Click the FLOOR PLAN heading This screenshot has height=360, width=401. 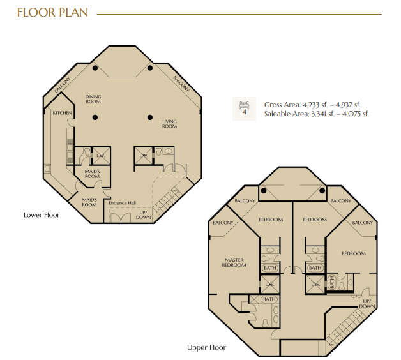point(53,13)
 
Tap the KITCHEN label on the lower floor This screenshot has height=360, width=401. point(62,113)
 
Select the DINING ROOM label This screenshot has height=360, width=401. point(93,99)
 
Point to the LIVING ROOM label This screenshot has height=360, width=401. point(169,124)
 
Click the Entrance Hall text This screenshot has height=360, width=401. point(122,203)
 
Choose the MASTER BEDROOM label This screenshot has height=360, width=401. point(234,262)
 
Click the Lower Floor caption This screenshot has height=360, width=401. point(42,215)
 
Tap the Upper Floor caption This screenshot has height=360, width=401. point(207,347)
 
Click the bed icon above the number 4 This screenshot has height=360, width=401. point(244,105)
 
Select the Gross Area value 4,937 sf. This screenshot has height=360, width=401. point(347,105)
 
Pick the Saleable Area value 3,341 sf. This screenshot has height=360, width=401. point(322,114)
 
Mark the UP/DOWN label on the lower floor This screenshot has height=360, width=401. point(143,215)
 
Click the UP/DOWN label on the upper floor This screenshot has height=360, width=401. point(367,304)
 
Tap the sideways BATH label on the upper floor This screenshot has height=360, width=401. point(331,282)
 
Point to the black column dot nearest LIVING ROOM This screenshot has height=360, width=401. point(150,117)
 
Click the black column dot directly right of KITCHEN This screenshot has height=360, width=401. point(95,117)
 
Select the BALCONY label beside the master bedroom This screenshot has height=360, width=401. point(223,223)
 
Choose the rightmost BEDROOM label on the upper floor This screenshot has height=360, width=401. point(354,253)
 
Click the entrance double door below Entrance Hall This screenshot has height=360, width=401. point(120,217)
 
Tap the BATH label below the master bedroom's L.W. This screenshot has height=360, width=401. point(269,299)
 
